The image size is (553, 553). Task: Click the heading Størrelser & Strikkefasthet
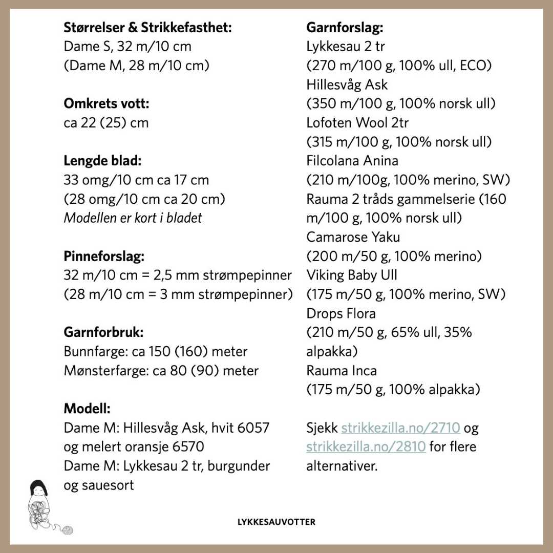[x=147, y=28]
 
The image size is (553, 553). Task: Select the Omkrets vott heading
[x=107, y=104]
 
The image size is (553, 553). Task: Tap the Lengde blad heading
[x=102, y=161]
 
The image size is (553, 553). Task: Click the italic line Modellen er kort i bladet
[x=133, y=218]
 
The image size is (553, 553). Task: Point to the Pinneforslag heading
[x=104, y=256]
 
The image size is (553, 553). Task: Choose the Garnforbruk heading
[x=103, y=332]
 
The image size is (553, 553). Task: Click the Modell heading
[x=87, y=409]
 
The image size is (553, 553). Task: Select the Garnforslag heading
[x=345, y=28]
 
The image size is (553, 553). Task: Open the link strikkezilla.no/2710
[x=401, y=428]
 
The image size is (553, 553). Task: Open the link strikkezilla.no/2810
[x=366, y=446]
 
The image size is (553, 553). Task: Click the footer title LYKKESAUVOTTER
[x=276, y=522]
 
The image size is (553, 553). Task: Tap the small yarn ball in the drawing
[x=67, y=530]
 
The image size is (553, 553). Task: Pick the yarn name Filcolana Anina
[x=352, y=161]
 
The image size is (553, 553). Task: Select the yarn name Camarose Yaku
[x=353, y=237]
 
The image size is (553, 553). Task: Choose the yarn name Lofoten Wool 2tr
[x=357, y=123]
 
